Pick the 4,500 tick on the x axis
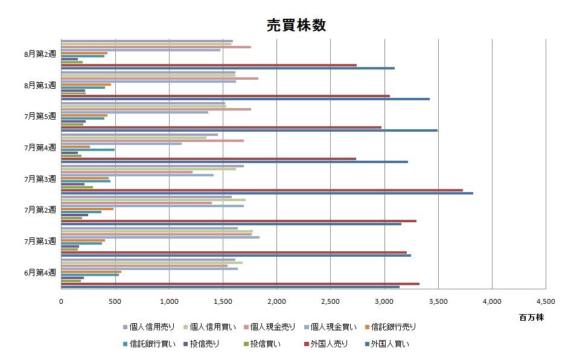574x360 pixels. click(x=545, y=301)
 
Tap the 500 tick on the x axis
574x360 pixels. click(x=115, y=301)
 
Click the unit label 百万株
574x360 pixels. click(x=531, y=317)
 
